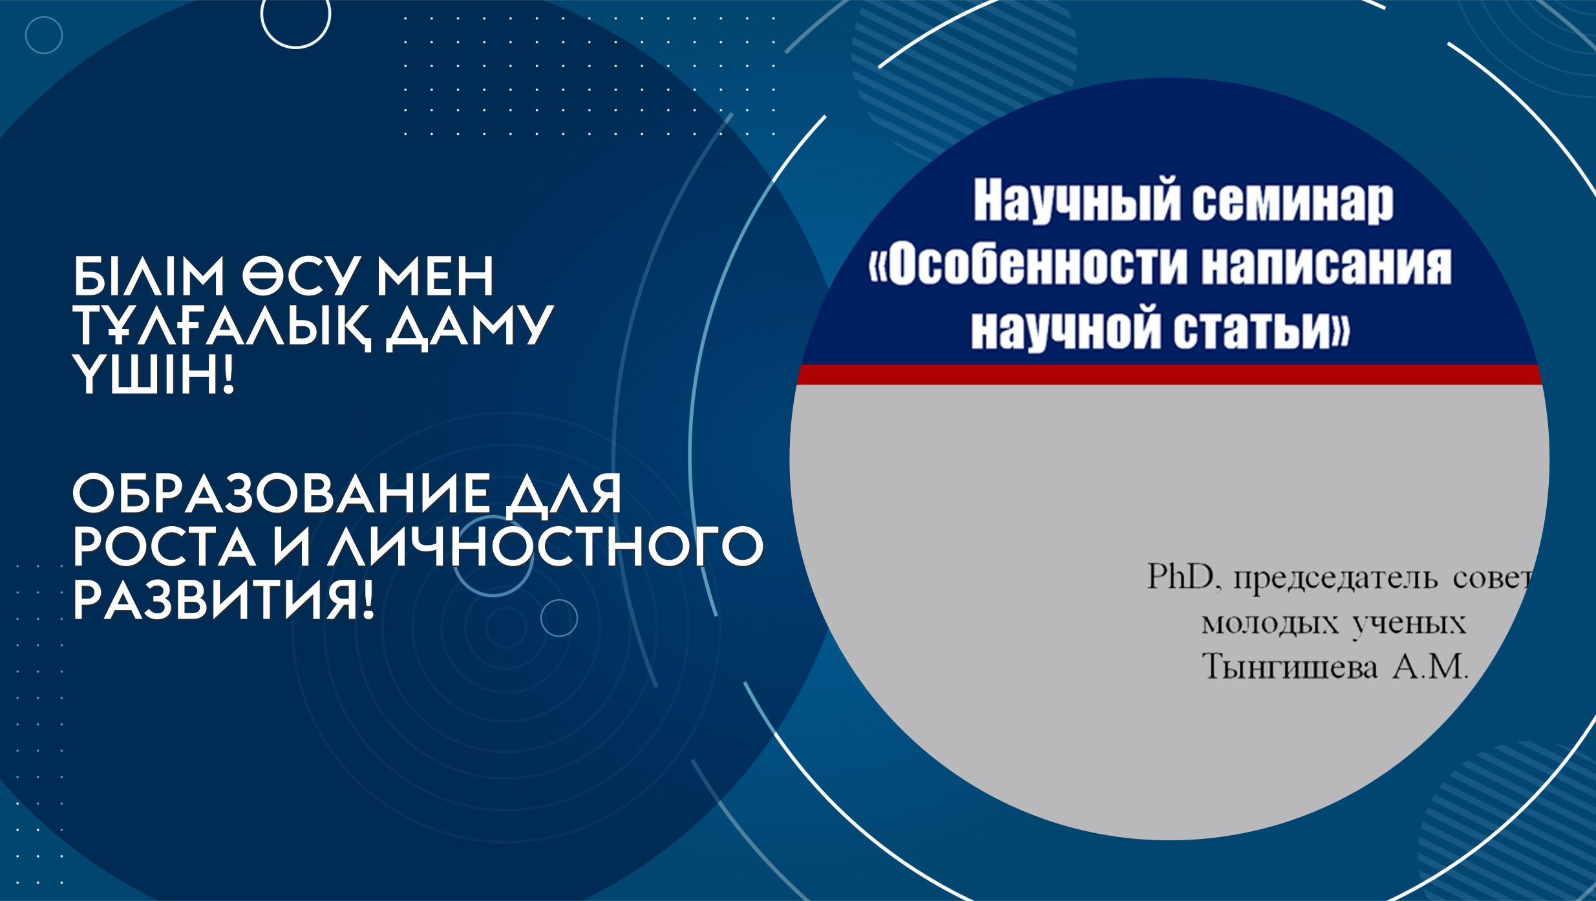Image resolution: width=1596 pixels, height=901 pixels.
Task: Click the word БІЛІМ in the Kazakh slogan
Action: (x=149, y=276)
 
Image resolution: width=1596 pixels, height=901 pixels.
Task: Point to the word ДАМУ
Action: (x=470, y=328)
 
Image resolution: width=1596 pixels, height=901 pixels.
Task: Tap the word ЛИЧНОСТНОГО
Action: (x=546, y=547)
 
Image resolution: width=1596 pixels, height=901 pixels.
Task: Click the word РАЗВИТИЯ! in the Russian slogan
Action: (x=224, y=600)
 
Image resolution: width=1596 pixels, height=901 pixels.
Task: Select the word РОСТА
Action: (x=164, y=547)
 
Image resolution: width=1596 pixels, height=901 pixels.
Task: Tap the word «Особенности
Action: (x=1028, y=265)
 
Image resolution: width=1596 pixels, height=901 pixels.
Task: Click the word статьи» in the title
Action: (x=1262, y=330)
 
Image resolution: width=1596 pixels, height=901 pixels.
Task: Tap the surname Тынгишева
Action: (x=1289, y=667)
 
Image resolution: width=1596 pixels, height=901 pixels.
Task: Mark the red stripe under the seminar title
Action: (x=1169, y=375)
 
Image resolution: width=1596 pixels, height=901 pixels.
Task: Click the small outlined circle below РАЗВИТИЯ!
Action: (x=559, y=619)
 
